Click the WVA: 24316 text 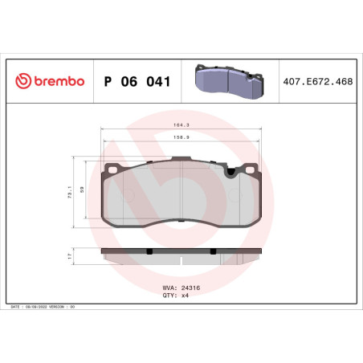coord(181,285)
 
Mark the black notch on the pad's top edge coord(233,170)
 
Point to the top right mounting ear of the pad coord(251,168)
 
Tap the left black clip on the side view coord(150,251)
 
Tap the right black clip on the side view coord(213,251)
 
